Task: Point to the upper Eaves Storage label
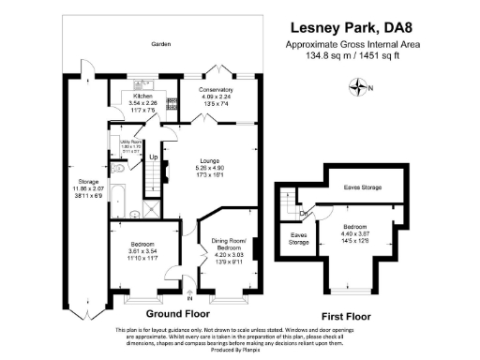click(363, 188)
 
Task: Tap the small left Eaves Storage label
click(299, 238)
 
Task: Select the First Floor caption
click(347, 315)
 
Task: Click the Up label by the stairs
click(154, 157)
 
